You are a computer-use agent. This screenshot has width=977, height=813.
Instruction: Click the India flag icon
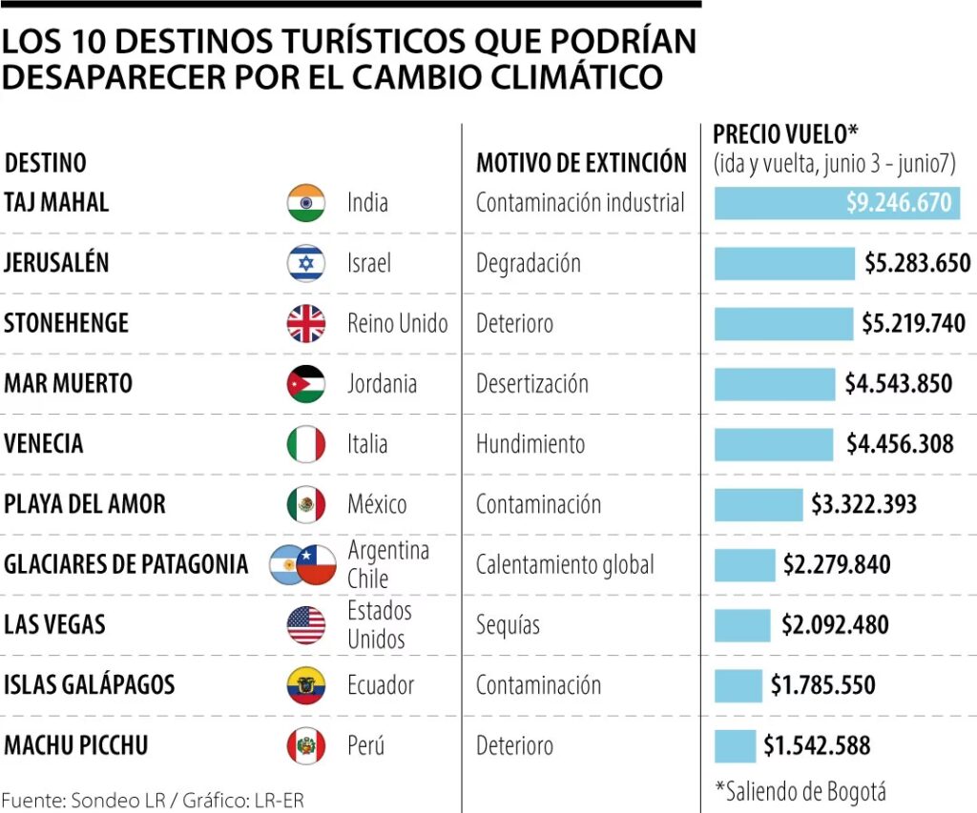click(306, 203)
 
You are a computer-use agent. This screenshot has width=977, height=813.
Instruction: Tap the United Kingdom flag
click(306, 324)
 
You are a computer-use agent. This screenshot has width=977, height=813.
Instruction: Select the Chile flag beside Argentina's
click(317, 565)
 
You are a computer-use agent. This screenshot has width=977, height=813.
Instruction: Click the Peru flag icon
click(306, 745)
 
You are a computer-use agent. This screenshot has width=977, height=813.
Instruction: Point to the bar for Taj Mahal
click(837, 203)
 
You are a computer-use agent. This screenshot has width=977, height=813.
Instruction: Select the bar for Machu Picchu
click(735, 745)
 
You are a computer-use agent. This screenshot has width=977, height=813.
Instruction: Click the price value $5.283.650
click(917, 263)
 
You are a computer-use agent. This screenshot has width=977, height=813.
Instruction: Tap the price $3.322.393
click(863, 504)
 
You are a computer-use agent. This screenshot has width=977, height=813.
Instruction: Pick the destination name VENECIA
click(44, 444)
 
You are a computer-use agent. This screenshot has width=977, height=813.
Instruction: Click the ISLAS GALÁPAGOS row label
click(89, 685)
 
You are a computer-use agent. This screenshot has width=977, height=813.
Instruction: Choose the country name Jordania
click(382, 384)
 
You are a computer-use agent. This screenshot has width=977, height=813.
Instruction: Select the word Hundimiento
click(530, 444)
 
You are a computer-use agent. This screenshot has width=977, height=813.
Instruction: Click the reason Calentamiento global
click(565, 565)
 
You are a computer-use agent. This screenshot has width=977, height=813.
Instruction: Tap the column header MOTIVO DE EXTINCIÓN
click(581, 163)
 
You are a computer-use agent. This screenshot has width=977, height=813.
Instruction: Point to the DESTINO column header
click(45, 163)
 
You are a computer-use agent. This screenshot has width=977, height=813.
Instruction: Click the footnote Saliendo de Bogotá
click(800, 791)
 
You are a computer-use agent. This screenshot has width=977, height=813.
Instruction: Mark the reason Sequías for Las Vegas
click(508, 625)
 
